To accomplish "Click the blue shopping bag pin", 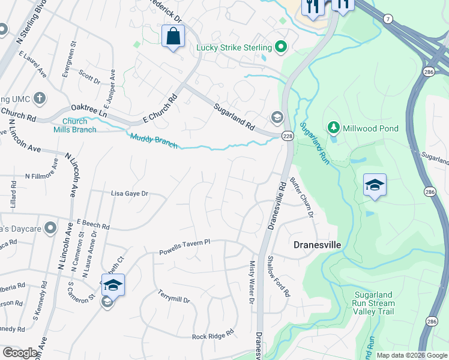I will tap(173, 37).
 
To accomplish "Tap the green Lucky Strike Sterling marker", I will tap(280, 47).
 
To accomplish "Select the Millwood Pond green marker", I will tap(333, 128).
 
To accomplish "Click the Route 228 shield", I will tap(288, 136).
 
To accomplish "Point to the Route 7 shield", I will tap(389, 20).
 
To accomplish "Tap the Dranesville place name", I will tap(317, 245).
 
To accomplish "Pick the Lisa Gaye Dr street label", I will tap(129, 194).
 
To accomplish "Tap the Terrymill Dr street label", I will tap(173, 295).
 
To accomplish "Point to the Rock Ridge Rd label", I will tap(212, 337).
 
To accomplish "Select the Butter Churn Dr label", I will tap(302, 197).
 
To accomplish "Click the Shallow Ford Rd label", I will tap(279, 276).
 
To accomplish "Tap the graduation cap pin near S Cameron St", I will tap(112, 285).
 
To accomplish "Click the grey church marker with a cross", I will tap(40, 98).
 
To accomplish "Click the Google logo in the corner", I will tap(20, 353).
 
